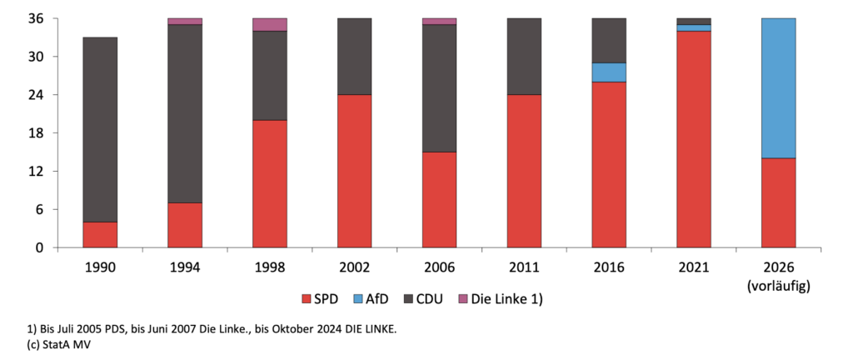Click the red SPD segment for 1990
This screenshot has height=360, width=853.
100,235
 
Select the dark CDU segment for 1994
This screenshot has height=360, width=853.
185,113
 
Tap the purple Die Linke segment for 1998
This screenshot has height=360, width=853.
270,24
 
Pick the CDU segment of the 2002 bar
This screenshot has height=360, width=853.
355,57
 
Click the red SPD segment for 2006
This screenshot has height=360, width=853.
440,200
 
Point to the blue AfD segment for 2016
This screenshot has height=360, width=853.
609,72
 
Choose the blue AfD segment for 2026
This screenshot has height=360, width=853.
779,88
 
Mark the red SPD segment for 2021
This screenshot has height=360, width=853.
694,139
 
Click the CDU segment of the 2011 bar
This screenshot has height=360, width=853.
525,57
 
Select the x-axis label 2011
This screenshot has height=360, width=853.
525,267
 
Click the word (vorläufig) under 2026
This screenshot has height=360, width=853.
779,286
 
